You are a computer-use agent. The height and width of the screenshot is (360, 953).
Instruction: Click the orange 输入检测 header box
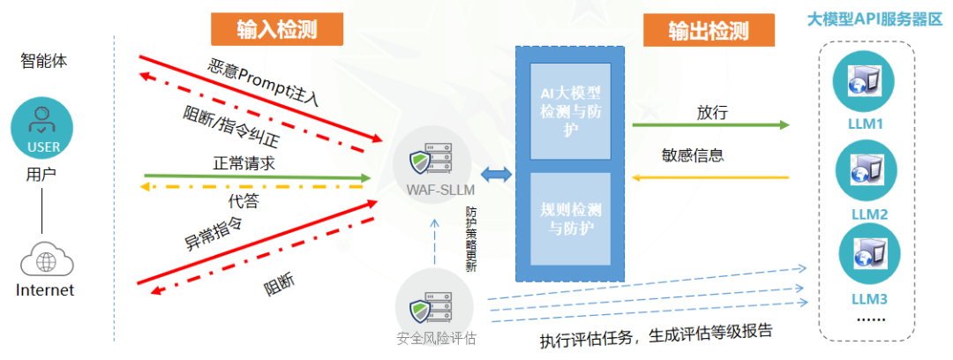(277, 28)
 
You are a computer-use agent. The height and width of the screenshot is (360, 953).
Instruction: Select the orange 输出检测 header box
(709, 29)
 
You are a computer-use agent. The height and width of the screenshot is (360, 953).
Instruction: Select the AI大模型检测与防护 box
(571, 110)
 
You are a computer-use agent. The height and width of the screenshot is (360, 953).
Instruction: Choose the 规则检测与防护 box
(571, 219)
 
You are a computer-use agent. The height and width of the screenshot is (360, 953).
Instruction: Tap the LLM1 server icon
(864, 81)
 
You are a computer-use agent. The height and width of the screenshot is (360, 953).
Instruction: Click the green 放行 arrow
(710, 125)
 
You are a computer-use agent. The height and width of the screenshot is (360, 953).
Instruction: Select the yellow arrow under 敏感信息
(710, 177)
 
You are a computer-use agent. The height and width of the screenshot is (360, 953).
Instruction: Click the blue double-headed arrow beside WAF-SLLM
(497, 175)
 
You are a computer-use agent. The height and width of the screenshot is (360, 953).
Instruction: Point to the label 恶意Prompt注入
(263, 83)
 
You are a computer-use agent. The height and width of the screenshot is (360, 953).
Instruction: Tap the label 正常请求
(244, 163)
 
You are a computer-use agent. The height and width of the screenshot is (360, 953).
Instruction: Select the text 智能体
(44, 62)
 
